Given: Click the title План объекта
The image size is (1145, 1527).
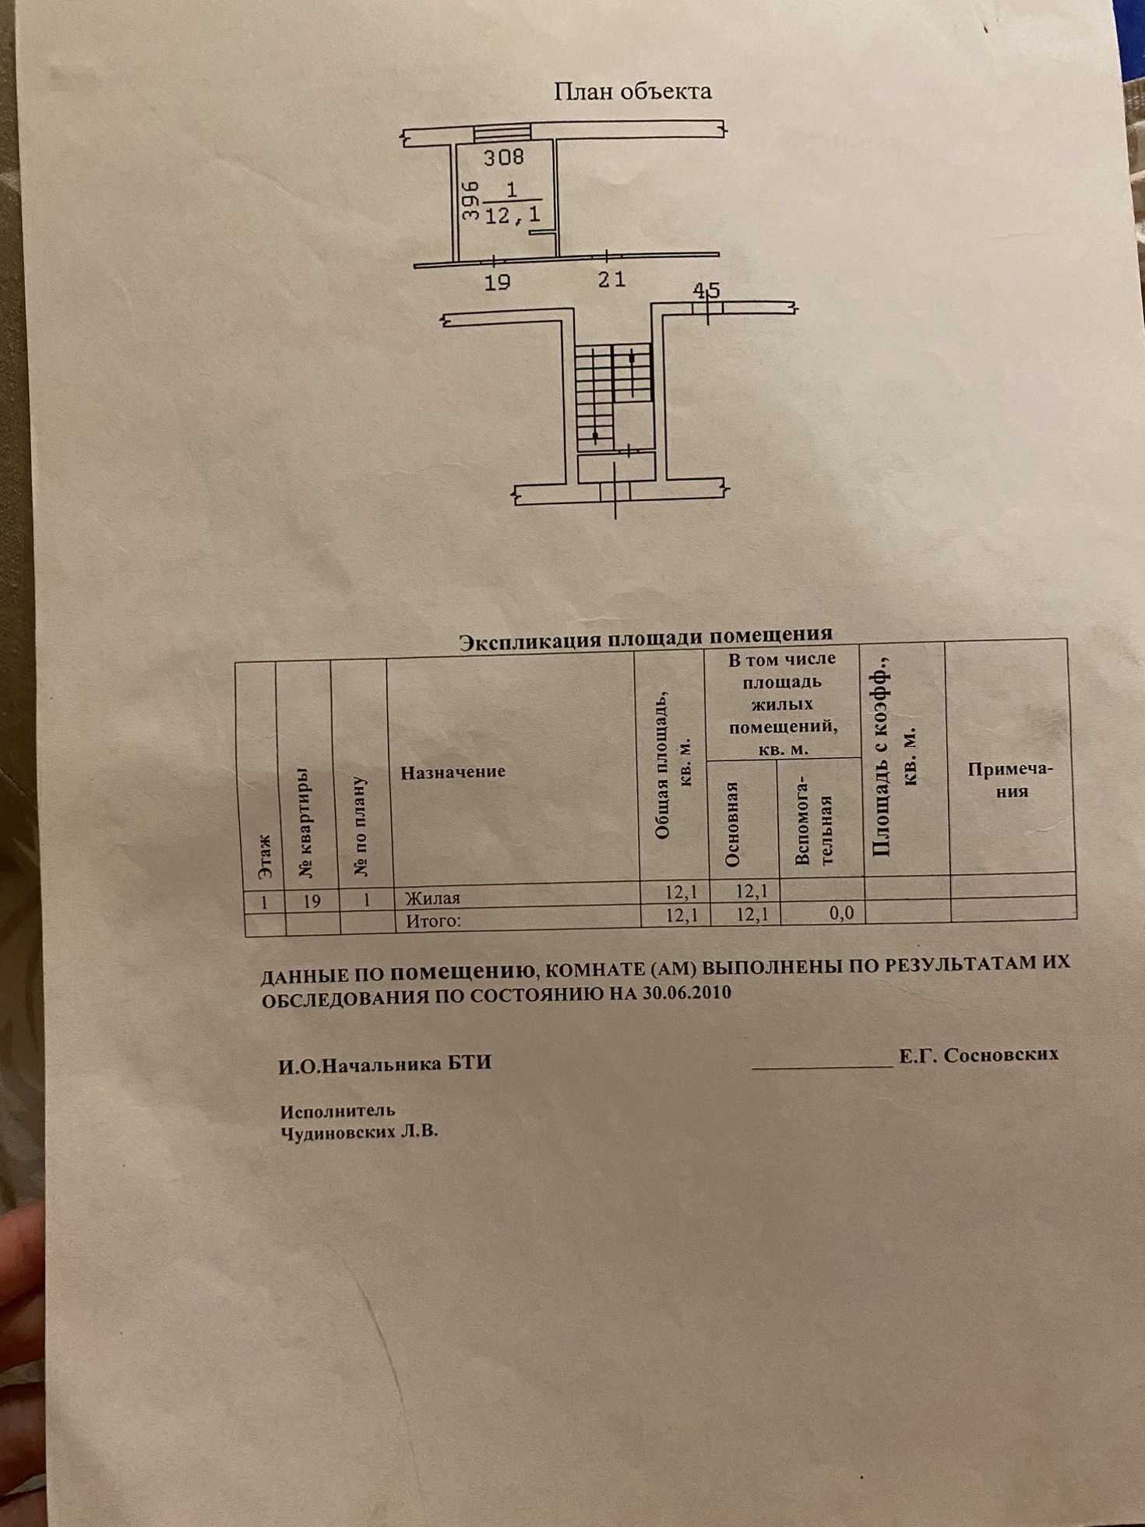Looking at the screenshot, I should point(632,91).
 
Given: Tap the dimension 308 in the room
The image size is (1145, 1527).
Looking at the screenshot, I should point(504,157).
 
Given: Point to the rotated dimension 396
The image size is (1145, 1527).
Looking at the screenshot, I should point(469,201).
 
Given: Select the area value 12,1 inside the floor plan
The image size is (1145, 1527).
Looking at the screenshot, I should point(512,215).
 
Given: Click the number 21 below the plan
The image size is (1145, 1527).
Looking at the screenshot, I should point(611,279).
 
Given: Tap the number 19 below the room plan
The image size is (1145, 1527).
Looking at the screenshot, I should point(497,282).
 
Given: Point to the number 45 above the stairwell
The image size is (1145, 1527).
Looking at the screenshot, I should point(706,291).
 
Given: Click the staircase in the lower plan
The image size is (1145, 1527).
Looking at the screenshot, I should point(614,397).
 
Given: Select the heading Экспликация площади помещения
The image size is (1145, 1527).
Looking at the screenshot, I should point(645,638).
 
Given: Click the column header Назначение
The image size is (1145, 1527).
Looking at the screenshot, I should point(453,772).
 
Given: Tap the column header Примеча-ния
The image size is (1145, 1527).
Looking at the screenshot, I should point(1010,780).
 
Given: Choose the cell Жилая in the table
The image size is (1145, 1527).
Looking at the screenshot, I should point(432,898).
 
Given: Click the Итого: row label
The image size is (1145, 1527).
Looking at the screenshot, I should point(433,921).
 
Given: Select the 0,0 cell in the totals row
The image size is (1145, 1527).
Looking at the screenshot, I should point(841,912).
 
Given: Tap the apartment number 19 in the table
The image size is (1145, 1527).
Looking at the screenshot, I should point(312,901).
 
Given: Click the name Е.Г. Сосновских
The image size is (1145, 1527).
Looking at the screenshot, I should point(978,1055).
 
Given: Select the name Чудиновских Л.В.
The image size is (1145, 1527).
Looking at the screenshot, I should point(359,1132).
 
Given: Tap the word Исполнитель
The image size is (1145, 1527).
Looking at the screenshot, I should point(338,1111).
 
